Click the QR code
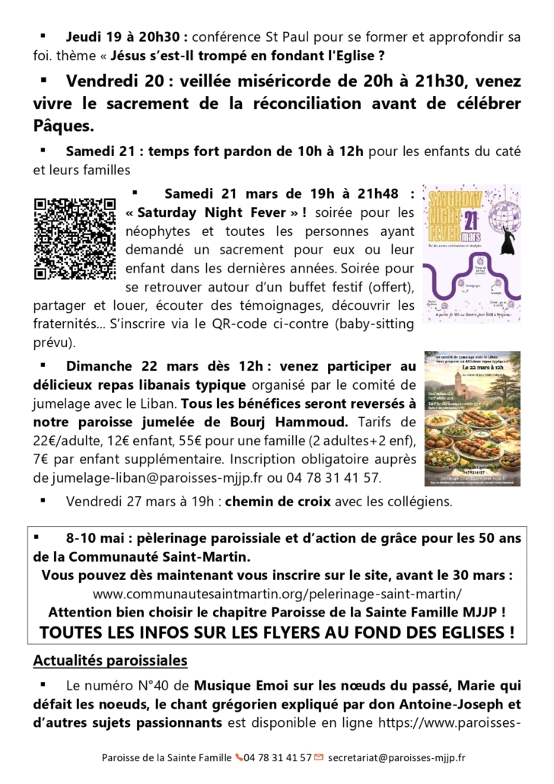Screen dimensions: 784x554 [75, 238]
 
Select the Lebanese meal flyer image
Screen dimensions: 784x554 [471, 418]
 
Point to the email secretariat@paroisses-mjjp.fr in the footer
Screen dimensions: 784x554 [396, 757]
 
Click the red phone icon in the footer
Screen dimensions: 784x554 [239, 757]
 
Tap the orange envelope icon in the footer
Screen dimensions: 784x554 [318, 757]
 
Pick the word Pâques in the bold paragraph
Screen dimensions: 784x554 [64, 124]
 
